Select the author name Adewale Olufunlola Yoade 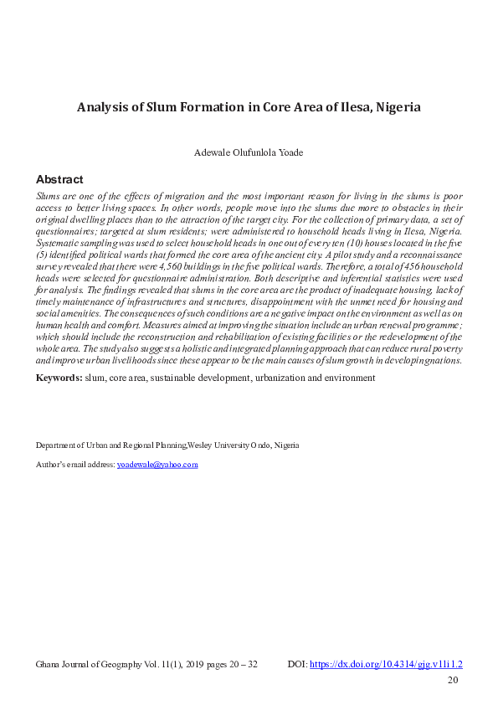249,153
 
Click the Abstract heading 59,179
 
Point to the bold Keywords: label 58,378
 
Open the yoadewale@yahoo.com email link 157,464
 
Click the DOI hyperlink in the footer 386,664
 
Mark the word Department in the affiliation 55,445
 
